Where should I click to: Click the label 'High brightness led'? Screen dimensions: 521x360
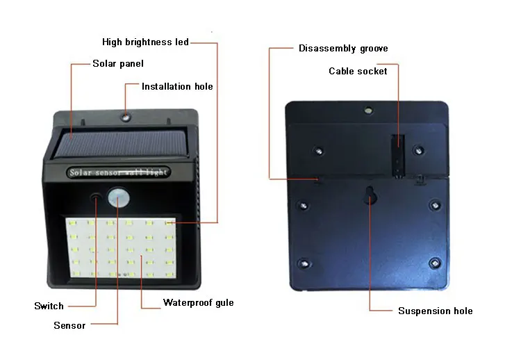point(146,42)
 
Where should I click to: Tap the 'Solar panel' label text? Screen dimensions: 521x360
point(118,63)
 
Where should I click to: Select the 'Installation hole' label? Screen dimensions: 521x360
point(177,86)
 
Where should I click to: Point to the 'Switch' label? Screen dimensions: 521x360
point(49,306)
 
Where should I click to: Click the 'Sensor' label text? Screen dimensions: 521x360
point(69,325)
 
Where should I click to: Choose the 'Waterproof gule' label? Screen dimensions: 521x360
point(199,303)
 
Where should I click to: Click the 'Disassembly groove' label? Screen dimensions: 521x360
point(343,49)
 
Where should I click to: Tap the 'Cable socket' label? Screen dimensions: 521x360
point(358,71)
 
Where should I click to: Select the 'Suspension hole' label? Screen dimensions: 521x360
point(436,311)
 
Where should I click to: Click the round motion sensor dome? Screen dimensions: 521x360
point(118,197)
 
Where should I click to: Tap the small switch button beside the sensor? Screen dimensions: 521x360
point(96,197)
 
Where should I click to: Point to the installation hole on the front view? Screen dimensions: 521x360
point(126,117)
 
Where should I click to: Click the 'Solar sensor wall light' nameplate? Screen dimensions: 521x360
point(118,172)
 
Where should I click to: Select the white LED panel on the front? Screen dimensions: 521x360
point(122,247)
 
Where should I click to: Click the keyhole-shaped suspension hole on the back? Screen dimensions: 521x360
point(370,195)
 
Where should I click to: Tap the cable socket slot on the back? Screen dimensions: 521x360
point(398,156)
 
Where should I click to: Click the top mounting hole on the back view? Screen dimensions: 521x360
point(368,110)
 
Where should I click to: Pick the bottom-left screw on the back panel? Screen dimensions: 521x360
point(304,264)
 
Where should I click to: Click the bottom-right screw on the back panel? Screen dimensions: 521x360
point(435,263)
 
